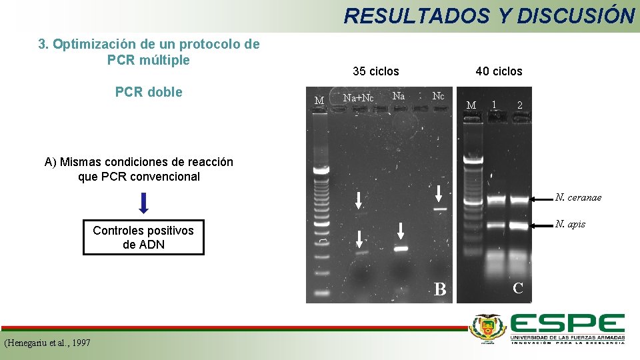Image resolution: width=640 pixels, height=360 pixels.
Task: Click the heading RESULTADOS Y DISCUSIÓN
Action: (489, 15)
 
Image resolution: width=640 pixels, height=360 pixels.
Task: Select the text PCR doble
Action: (149, 92)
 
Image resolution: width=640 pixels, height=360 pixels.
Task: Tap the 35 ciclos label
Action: (376, 71)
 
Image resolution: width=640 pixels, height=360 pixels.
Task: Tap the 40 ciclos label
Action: (499, 71)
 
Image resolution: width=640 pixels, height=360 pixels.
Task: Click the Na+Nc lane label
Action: (358, 97)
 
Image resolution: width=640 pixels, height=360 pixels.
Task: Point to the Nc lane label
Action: (438, 96)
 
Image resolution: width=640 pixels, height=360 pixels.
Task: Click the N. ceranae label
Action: (579, 197)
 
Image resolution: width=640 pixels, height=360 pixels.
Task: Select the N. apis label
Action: (570, 224)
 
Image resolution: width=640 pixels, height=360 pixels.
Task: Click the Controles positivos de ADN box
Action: (143, 237)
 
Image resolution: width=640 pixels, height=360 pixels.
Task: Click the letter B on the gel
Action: (440, 289)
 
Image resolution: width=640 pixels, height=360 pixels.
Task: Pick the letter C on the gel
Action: (518, 288)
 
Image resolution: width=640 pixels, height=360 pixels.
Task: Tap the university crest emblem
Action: (489, 328)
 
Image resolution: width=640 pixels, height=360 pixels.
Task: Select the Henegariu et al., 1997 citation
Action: (47, 343)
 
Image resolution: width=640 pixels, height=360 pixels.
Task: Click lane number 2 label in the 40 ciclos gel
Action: (519, 105)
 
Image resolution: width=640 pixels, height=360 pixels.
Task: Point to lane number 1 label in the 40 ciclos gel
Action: (493, 104)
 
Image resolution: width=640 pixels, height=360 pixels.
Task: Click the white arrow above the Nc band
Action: (438, 194)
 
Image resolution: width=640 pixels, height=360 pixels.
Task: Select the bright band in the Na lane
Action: (401, 249)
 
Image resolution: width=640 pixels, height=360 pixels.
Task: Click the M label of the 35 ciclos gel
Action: (319, 101)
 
